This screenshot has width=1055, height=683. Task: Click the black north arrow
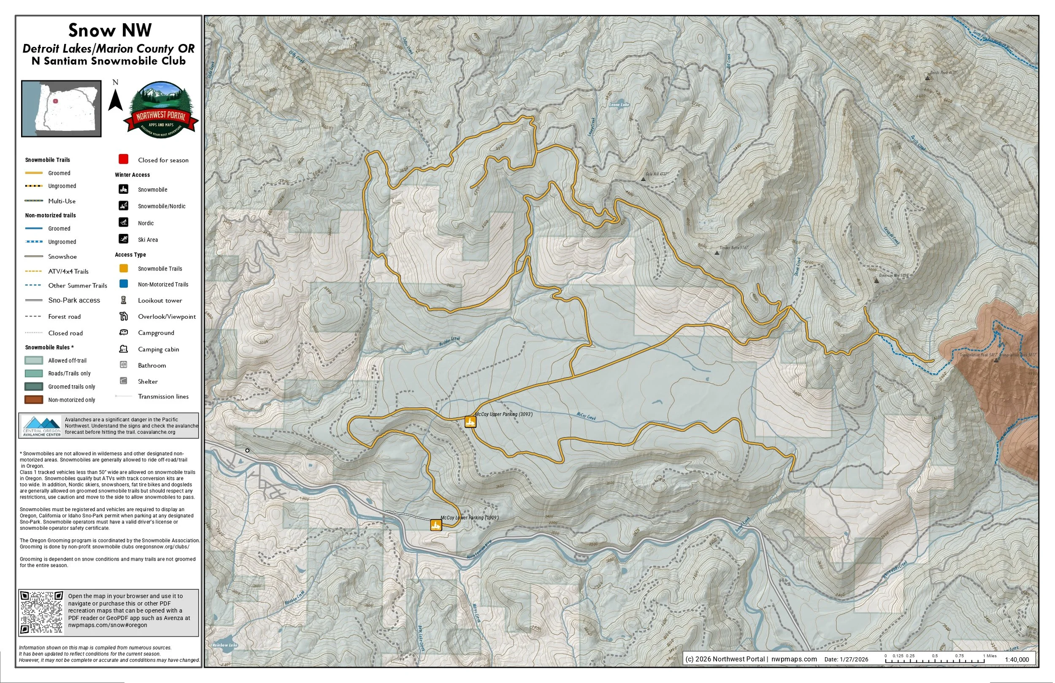pyautogui.click(x=116, y=100)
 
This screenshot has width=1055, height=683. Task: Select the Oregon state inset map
pyautogui.click(x=62, y=108)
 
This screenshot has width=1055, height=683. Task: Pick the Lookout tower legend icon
pyautogui.click(x=124, y=301)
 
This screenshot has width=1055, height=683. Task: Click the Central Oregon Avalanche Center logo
pyautogui.click(x=42, y=426)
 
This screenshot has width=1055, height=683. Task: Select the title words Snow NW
pyautogui.click(x=110, y=30)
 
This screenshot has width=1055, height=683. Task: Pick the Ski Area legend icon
pyautogui.click(x=124, y=239)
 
